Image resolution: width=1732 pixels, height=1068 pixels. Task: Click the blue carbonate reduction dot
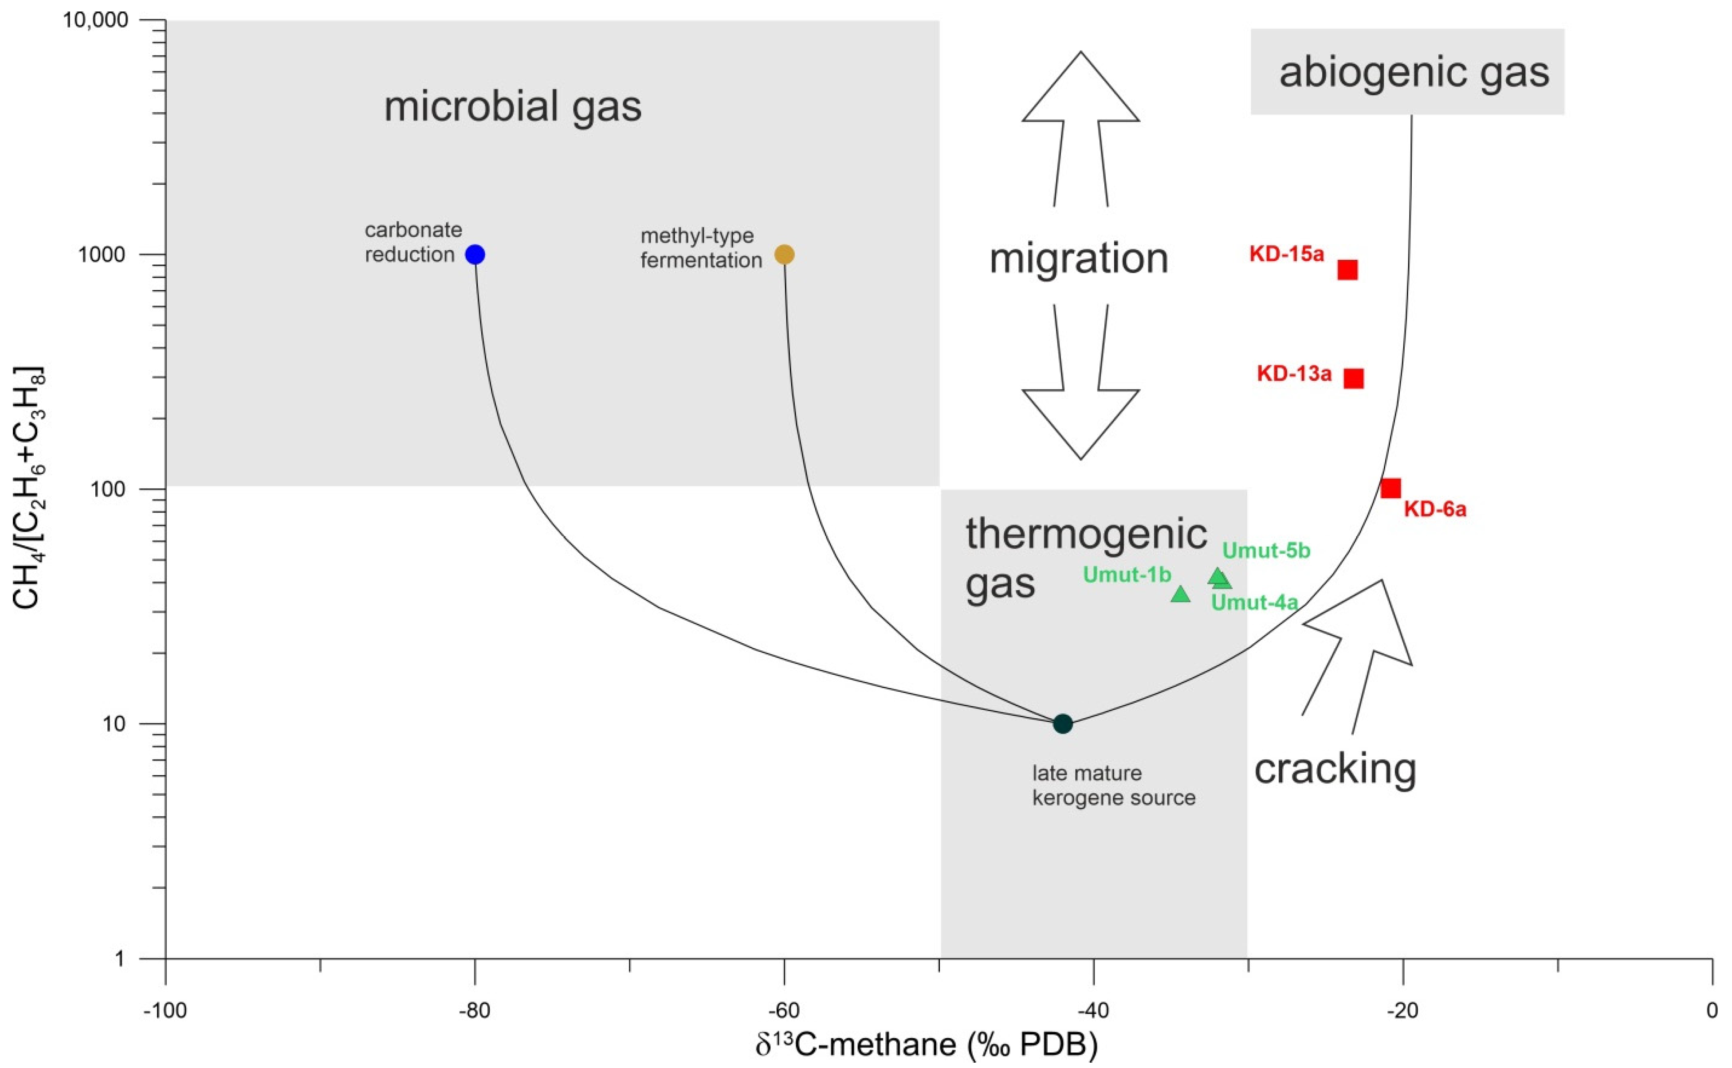pyautogui.click(x=475, y=254)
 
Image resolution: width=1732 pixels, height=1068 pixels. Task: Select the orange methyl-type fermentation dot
pyautogui.click(x=784, y=254)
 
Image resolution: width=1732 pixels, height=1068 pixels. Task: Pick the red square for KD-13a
pyautogui.click(x=1353, y=379)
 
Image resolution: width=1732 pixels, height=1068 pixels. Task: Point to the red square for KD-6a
pyautogui.click(x=1390, y=488)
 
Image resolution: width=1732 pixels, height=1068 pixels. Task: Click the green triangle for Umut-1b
pyautogui.click(x=1180, y=594)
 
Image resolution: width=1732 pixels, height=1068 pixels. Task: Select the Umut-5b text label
pyautogui.click(x=1266, y=550)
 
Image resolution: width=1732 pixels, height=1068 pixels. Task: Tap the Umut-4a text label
pyautogui.click(x=1254, y=602)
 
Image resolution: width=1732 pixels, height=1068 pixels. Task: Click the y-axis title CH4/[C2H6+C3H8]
pyautogui.click(x=30, y=487)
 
